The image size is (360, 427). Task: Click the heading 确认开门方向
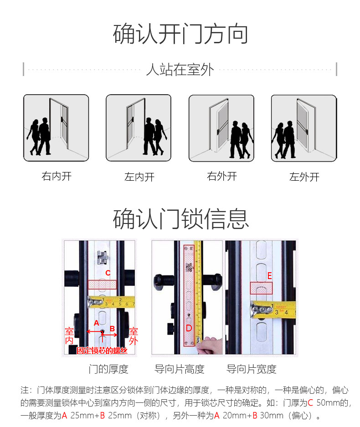click(x=180, y=34)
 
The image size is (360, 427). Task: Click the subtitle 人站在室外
click(x=180, y=70)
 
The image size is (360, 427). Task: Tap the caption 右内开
click(x=57, y=176)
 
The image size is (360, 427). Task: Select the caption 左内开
click(x=139, y=177)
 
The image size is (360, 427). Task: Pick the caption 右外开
click(x=222, y=176)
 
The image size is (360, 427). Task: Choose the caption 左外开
click(x=304, y=177)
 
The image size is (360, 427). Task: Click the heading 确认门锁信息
click(x=180, y=219)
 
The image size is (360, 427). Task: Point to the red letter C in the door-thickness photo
click(x=108, y=273)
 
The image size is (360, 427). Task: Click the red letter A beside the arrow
click(x=97, y=323)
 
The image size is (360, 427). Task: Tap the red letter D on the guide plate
click(x=189, y=328)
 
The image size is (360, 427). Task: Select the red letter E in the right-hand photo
click(x=269, y=276)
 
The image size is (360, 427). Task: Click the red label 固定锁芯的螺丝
click(x=102, y=351)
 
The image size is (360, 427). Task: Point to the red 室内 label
click(x=69, y=336)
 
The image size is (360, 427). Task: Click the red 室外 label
click(x=134, y=336)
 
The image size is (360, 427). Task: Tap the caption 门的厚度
click(x=108, y=369)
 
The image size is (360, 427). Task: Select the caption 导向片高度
click(x=180, y=369)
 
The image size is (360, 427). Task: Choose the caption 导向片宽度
click(x=252, y=369)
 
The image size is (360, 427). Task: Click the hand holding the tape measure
click(x=209, y=346)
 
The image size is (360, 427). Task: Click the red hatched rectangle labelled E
click(x=261, y=288)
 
